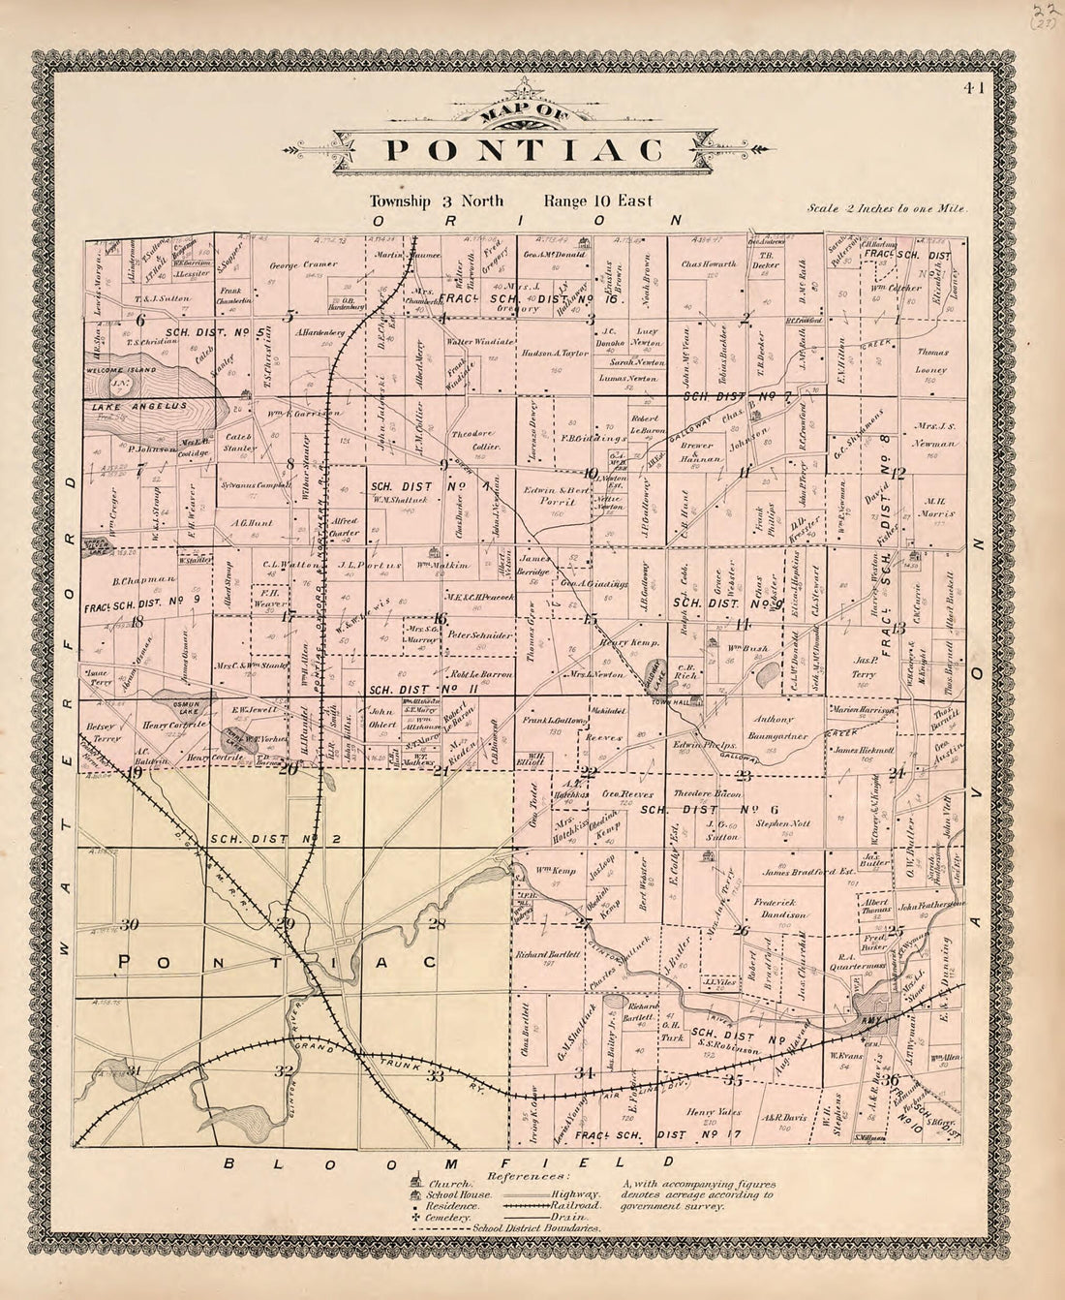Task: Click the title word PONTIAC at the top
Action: pyautogui.click(x=525, y=151)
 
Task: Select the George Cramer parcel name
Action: pyautogui.click(x=303, y=263)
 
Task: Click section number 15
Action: pyautogui.click(x=591, y=620)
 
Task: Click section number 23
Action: pyautogui.click(x=744, y=774)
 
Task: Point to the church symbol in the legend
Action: pyautogui.click(x=416, y=1183)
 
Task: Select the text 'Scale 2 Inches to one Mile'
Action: pyautogui.click(x=887, y=208)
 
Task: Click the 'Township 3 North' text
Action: pyautogui.click(x=436, y=201)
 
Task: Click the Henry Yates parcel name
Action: pyautogui.click(x=715, y=1113)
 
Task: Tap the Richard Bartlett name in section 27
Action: pyautogui.click(x=548, y=953)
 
